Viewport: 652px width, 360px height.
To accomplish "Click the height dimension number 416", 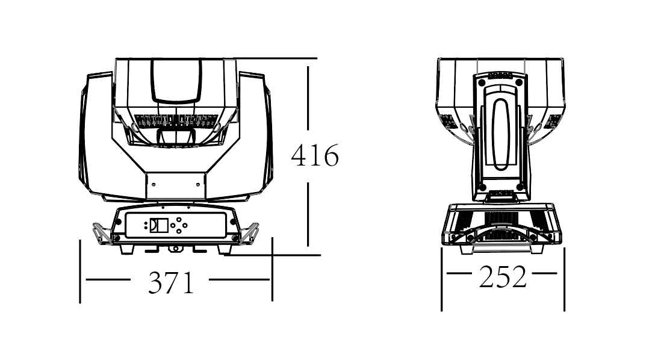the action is coord(315,156).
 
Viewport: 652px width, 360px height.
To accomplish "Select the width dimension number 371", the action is coord(172,283).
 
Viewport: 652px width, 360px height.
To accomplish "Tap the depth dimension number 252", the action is coord(503,277).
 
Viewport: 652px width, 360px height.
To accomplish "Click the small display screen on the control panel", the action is coord(158,225).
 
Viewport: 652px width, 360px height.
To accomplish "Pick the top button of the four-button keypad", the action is coord(179,220).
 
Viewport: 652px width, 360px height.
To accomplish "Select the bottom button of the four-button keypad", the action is coord(179,231).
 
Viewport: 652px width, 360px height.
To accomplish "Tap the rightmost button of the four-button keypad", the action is coord(185,225).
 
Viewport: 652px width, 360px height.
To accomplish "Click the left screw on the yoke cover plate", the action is coord(154,184).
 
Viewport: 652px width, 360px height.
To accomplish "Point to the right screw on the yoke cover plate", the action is coord(197,184).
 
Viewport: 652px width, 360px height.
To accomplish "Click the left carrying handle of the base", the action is coord(102,234).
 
